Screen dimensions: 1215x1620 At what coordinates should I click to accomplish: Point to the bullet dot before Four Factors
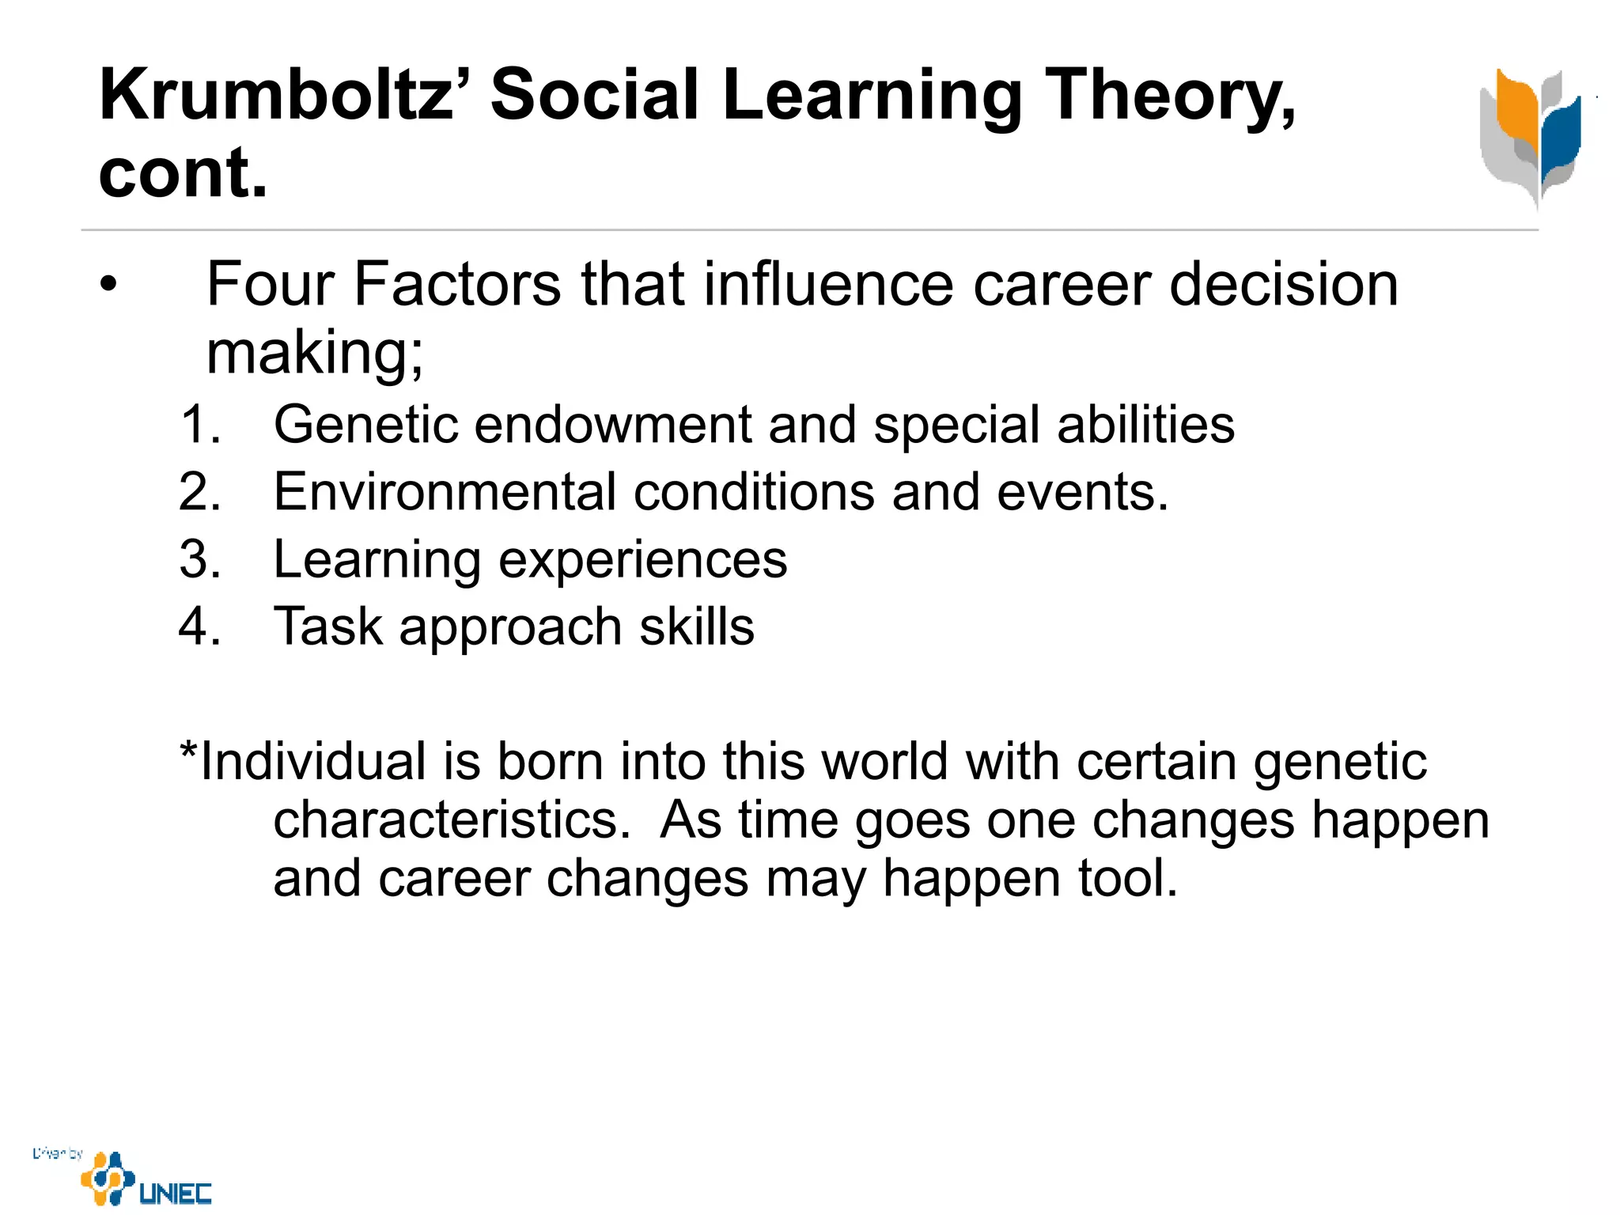108,284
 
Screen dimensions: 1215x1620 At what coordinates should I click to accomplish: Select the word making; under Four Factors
315,352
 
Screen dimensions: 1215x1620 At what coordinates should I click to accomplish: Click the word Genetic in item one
365,424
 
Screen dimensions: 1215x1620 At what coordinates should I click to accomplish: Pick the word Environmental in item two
445,492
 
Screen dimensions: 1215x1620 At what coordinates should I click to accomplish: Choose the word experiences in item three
643,559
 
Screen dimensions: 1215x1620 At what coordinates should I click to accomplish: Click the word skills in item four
697,626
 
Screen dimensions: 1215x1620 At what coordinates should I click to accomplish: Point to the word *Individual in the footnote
303,762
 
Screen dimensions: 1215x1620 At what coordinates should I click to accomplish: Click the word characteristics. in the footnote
452,819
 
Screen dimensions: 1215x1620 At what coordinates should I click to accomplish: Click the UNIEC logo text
175,1193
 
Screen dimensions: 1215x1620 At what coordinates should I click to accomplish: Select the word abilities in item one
1145,424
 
